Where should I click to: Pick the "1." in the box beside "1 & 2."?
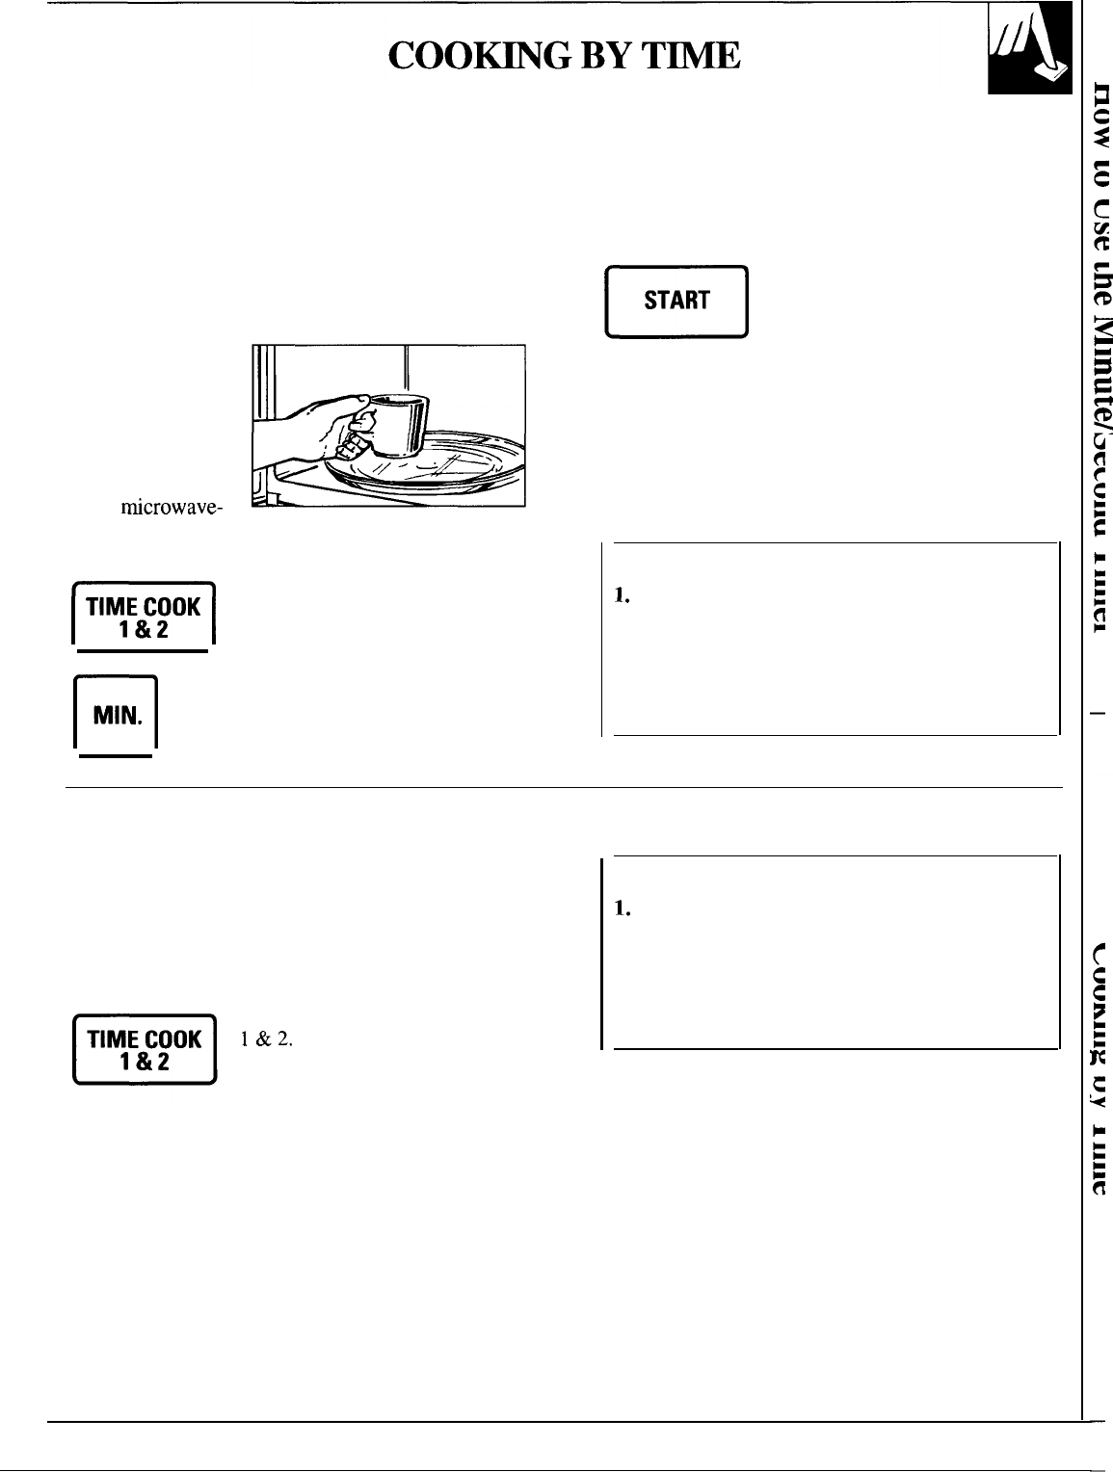point(622,908)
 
